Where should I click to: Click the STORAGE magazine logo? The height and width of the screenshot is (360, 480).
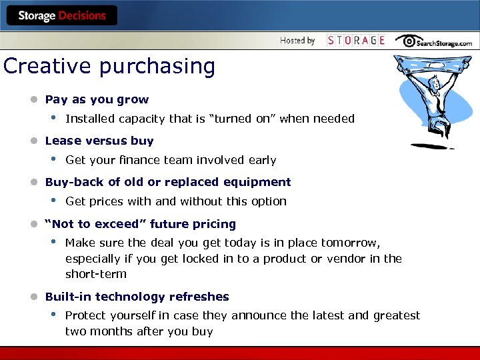click(356, 41)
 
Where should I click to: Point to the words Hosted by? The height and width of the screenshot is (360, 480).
click(297, 41)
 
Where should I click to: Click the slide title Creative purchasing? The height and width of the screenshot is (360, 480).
click(109, 67)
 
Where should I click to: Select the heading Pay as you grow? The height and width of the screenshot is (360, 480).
click(97, 99)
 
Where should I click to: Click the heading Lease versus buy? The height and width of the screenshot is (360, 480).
click(99, 141)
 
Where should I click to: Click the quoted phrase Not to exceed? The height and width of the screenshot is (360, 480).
click(85, 224)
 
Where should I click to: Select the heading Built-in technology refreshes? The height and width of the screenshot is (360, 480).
click(137, 297)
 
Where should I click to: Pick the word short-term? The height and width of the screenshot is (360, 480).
click(95, 274)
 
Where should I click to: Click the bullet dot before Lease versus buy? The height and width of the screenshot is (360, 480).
click(32, 141)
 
